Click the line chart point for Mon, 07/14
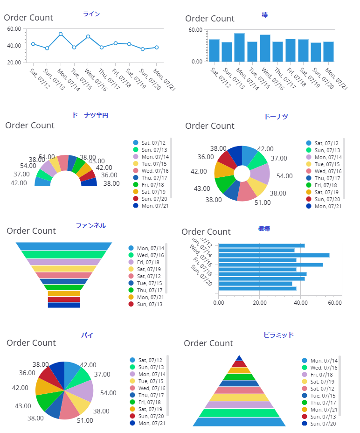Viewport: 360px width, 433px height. pyautogui.click(x=61, y=34)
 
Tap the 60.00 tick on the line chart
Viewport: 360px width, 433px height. pyautogui.click(x=14, y=29)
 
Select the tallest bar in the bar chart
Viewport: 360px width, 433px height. pyautogui.click(x=239, y=47)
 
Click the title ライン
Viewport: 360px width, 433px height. pyautogui.click(x=91, y=14)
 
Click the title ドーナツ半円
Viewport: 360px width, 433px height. pyautogui.click(x=90, y=115)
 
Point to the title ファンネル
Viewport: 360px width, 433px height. pyautogui.click(x=90, y=226)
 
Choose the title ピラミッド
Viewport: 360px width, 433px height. pyautogui.click(x=278, y=335)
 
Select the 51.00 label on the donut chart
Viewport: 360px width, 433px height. pyautogui.click(x=263, y=203)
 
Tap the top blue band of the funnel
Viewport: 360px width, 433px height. pyautogui.click(x=64, y=246)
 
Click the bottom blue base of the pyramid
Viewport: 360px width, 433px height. pyautogui.click(x=239, y=422)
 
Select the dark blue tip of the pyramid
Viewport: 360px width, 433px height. pyautogui.click(x=239, y=358)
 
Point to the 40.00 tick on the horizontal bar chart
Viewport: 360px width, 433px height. pyautogui.click(x=300, y=303)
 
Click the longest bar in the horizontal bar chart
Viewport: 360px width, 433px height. pyautogui.click(x=274, y=255)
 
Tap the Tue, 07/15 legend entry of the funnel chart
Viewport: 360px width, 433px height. pyautogui.click(x=150, y=283)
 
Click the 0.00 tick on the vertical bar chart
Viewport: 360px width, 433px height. pyautogui.click(x=196, y=62)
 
